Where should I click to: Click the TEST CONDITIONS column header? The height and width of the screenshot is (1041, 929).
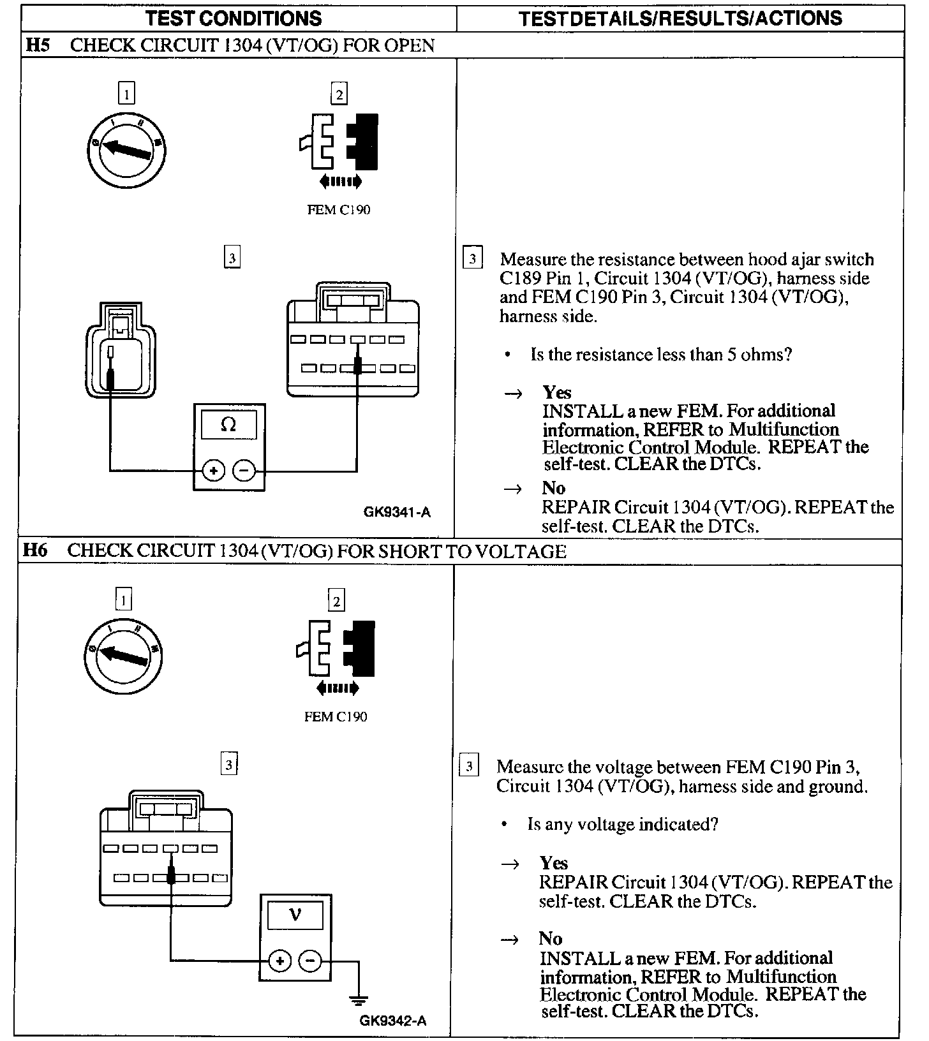tap(234, 18)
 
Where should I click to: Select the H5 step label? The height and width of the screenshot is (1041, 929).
tap(37, 45)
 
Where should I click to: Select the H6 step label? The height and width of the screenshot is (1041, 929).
tap(36, 550)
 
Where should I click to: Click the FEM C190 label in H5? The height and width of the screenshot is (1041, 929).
tap(338, 210)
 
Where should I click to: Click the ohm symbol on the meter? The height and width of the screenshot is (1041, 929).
tap(228, 424)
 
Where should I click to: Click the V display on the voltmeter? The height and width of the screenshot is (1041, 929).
tap(295, 915)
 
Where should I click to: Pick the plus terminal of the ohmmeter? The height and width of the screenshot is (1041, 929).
tap(213, 471)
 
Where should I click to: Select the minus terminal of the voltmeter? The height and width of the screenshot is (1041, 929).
tap(310, 961)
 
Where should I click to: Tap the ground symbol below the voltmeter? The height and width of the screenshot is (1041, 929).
tap(359, 1000)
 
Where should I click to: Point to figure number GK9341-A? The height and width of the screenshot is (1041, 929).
tap(397, 512)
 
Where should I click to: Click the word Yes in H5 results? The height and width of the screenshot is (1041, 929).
tap(556, 392)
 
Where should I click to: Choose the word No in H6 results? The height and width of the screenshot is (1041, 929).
tap(551, 938)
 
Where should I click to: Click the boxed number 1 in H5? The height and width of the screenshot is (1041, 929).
tap(127, 94)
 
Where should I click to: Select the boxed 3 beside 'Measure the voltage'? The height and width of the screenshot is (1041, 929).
tap(469, 765)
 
